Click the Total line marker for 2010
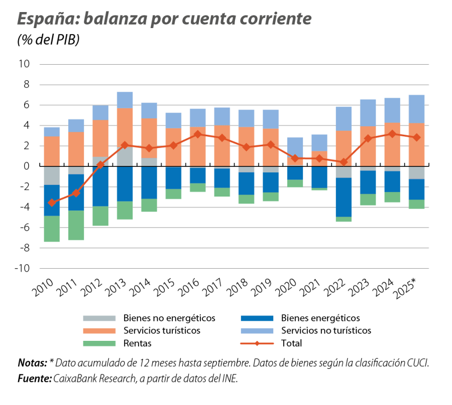point(51,202)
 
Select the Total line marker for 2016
point(197,134)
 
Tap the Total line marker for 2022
point(344,162)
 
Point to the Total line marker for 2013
point(125,145)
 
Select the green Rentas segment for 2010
point(51,229)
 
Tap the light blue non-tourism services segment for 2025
point(416,109)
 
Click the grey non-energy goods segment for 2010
point(51,175)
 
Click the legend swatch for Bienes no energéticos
point(100,318)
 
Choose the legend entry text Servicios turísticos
point(162,331)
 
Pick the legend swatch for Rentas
point(100,343)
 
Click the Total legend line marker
point(257,344)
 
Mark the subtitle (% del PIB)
point(48,41)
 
